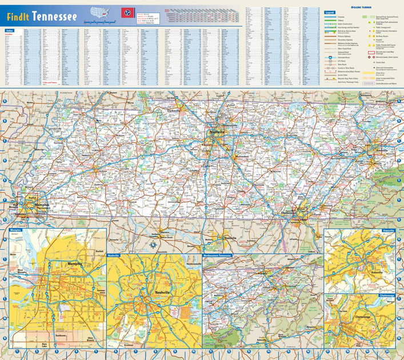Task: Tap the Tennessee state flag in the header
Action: coord(125,13)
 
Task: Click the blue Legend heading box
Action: coord(330,11)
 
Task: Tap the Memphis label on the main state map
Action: coord(41,205)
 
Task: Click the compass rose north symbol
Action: coord(153,245)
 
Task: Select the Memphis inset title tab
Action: coord(16,230)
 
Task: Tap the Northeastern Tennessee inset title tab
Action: coord(218,256)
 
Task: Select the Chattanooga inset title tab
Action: coord(388,296)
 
